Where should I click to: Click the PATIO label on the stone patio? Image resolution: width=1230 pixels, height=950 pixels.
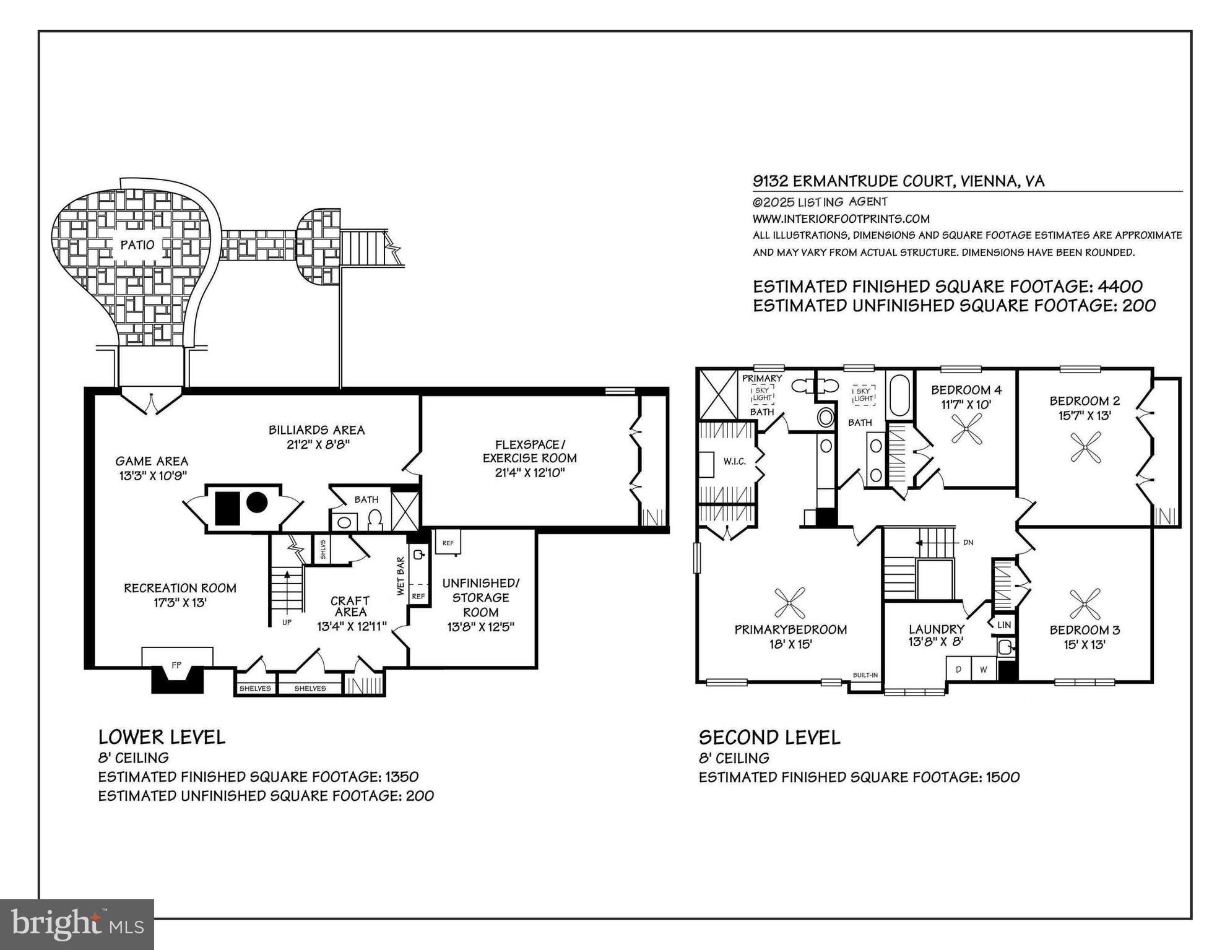coord(137,245)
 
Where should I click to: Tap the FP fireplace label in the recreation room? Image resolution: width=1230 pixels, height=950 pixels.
coord(176,665)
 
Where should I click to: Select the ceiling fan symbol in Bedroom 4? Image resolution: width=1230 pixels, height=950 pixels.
coord(966,428)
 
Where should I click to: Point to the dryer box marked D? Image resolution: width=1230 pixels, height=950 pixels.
coord(959,670)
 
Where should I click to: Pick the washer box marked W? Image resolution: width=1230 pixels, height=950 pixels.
coord(984,670)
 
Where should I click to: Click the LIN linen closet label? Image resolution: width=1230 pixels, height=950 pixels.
coord(1004,625)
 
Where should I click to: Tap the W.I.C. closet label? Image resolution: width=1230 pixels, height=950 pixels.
coord(735,461)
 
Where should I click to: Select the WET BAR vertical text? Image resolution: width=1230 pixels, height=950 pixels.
coord(401,576)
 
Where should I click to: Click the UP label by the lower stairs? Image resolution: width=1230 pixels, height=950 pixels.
coord(287,622)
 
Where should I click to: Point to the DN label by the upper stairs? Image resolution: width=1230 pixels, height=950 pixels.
coord(969,543)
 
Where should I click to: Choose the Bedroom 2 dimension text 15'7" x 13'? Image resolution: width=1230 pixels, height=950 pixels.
coord(1085,415)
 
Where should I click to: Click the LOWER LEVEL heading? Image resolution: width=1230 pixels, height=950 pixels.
coord(162,737)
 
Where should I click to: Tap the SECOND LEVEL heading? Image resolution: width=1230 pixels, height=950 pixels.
coord(769,738)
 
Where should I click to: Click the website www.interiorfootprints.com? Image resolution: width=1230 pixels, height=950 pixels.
coord(841,218)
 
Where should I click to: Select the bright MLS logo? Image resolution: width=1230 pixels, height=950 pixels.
coord(77,925)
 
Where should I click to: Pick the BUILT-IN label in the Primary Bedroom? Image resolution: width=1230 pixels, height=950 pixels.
coord(865,675)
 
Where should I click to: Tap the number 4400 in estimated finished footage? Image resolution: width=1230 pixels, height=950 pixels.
coord(1120,287)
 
